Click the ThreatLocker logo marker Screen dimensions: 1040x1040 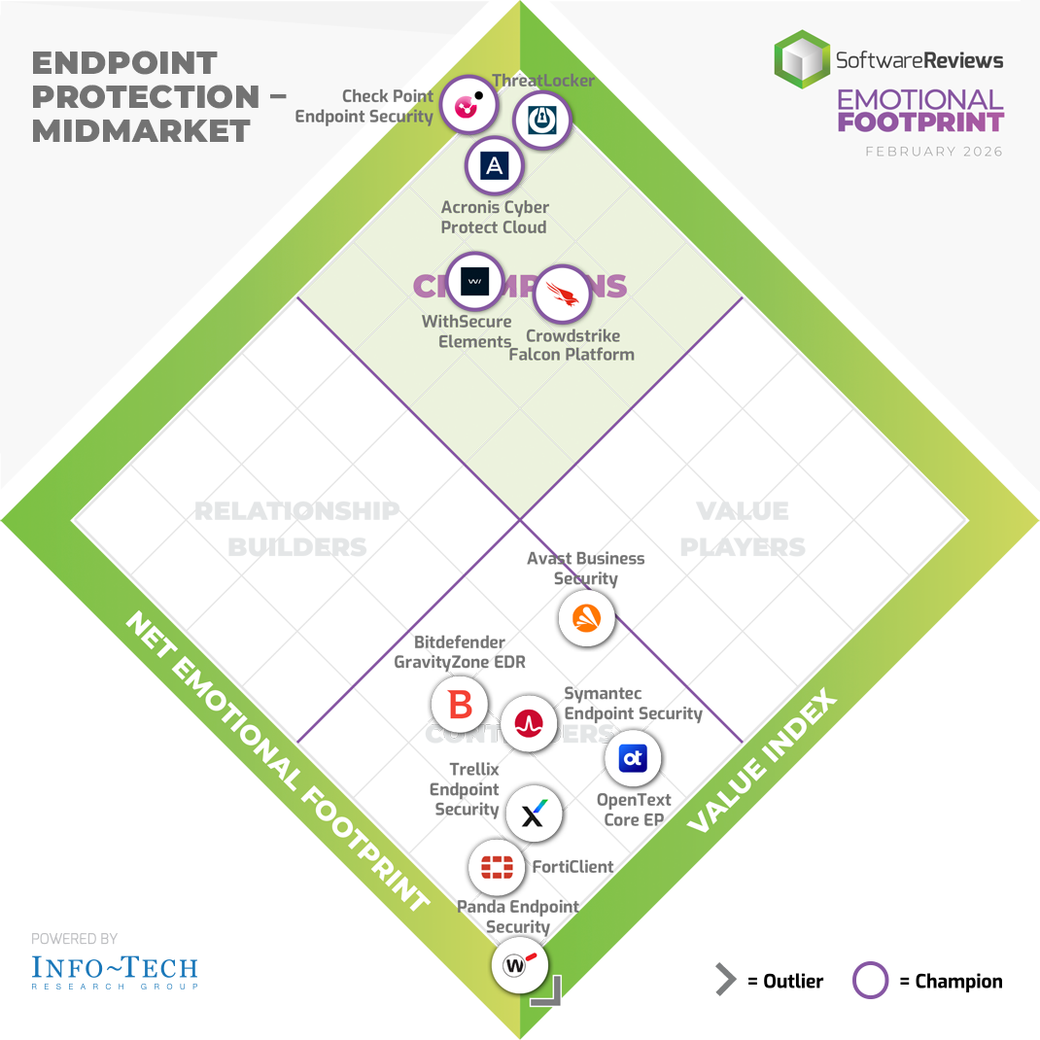(541, 120)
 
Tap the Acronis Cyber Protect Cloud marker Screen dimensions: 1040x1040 (495, 166)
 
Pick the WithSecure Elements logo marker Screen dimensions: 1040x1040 (474, 282)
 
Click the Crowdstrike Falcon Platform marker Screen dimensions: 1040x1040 (563, 294)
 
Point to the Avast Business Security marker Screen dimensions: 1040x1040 (587, 618)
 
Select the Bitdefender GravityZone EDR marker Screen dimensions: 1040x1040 (461, 704)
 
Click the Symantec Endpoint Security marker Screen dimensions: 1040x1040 (529, 721)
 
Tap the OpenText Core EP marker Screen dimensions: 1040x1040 (633, 758)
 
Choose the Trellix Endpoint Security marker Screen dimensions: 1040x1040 (534, 814)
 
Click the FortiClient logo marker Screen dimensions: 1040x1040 (497, 866)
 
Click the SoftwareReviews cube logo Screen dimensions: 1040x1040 (802, 59)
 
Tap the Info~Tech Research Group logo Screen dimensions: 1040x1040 (115, 970)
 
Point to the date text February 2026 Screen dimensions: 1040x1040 (934, 152)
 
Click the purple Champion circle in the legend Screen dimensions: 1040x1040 (870, 981)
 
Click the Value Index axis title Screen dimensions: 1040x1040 (762, 761)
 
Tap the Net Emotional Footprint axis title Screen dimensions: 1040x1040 (277, 763)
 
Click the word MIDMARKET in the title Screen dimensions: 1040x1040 (141, 131)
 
